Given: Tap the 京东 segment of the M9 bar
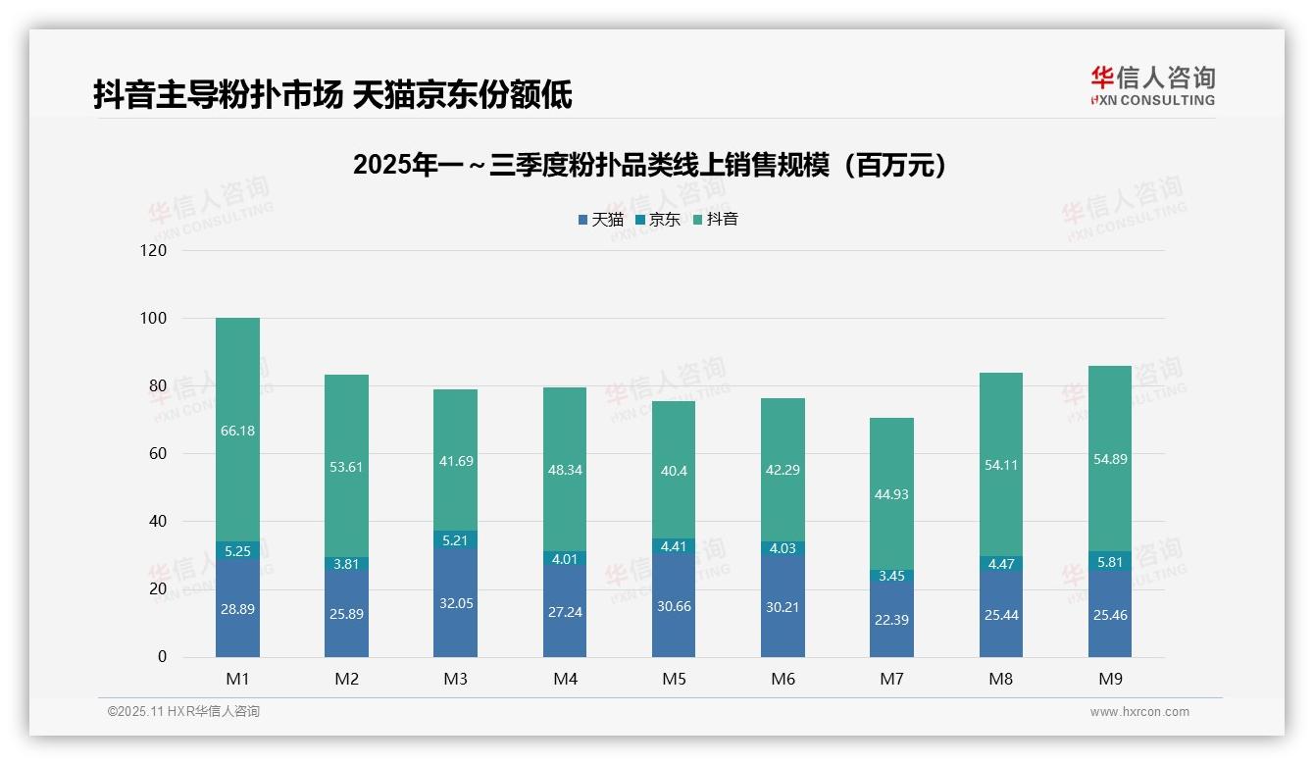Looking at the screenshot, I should point(1109,561).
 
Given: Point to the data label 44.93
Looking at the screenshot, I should point(890,494).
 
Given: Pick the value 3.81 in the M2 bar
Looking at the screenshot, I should point(346,564).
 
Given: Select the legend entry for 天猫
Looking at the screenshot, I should point(601,220).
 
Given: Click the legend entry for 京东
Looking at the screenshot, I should point(658,220).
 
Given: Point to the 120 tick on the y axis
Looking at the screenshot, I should point(154,251).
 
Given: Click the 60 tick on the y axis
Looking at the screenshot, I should point(157,454).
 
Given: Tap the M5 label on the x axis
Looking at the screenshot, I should point(674,679).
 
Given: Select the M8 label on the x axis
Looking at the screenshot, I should point(1000,679).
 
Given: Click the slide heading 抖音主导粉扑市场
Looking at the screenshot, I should point(332,95).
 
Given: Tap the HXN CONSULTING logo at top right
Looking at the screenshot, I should point(1153,86).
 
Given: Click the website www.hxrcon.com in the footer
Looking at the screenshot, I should point(1139,712).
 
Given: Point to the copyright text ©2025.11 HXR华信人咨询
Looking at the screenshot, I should point(183,712).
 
